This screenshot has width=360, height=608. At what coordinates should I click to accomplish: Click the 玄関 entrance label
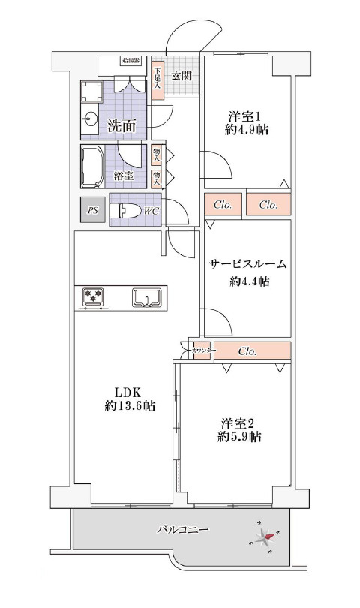pyautogui.click(x=181, y=75)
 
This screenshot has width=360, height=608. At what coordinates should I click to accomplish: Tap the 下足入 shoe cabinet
pyautogui.click(x=157, y=79)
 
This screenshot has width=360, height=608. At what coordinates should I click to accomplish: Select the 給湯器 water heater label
pyautogui.click(x=132, y=60)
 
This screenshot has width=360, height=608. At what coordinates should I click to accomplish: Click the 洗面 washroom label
pyautogui.click(x=121, y=125)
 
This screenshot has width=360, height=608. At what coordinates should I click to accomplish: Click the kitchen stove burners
pyautogui.click(x=94, y=298)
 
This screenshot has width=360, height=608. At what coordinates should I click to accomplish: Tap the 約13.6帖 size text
pyautogui.click(x=130, y=406)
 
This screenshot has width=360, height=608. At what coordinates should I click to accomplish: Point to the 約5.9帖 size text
pyautogui.click(x=240, y=436)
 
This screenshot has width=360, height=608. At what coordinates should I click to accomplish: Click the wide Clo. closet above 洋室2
pyautogui.click(x=248, y=351)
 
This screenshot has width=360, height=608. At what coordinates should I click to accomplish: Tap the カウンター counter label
pyautogui.click(x=203, y=351)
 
